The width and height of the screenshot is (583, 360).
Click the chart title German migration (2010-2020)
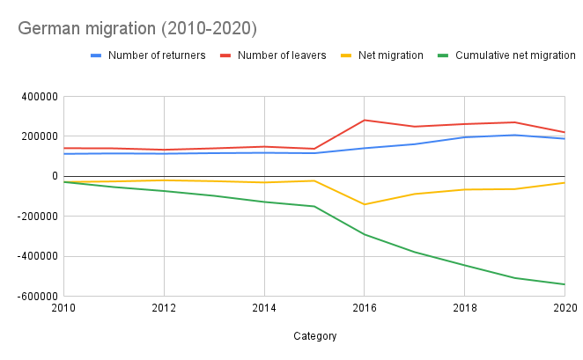137,29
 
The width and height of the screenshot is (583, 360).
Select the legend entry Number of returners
156,55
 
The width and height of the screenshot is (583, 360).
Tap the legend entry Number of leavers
282,55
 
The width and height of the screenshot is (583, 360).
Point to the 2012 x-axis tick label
164,308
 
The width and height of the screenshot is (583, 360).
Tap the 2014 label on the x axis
264,308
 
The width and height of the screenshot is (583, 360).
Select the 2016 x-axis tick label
365,308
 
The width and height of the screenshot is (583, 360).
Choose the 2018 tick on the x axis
465,308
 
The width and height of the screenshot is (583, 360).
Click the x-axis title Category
314,335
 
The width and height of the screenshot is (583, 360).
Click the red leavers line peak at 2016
365,120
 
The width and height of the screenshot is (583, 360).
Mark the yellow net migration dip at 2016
365,204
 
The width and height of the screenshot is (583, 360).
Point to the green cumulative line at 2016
365,234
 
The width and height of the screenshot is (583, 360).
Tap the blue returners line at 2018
465,137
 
